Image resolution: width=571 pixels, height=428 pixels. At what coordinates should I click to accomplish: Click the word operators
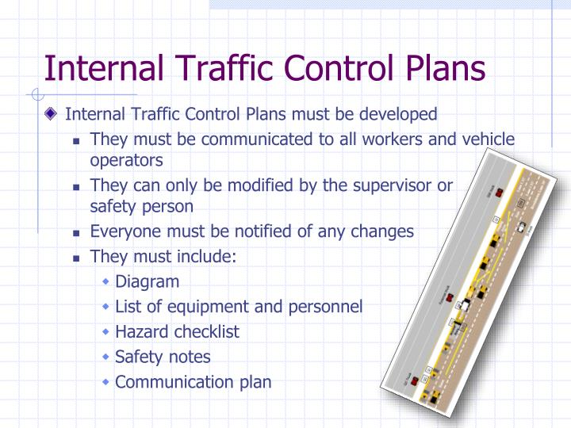click(x=126, y=159)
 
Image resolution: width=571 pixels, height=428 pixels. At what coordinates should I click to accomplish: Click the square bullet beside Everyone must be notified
click(x=78, y=233)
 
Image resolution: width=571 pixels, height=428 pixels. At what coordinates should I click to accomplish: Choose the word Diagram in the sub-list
click(x=148, y=281)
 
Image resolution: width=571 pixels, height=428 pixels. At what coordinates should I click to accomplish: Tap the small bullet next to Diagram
click(x=106, y=282)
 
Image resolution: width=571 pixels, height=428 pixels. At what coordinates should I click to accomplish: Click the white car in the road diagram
click(x=519, y=227)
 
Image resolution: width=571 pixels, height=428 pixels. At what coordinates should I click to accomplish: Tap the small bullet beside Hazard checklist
click(x=106, y=332)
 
